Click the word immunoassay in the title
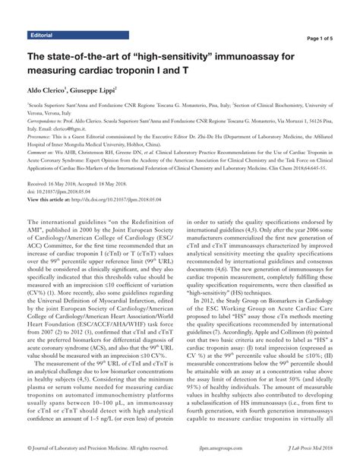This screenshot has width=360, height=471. (245, 55)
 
